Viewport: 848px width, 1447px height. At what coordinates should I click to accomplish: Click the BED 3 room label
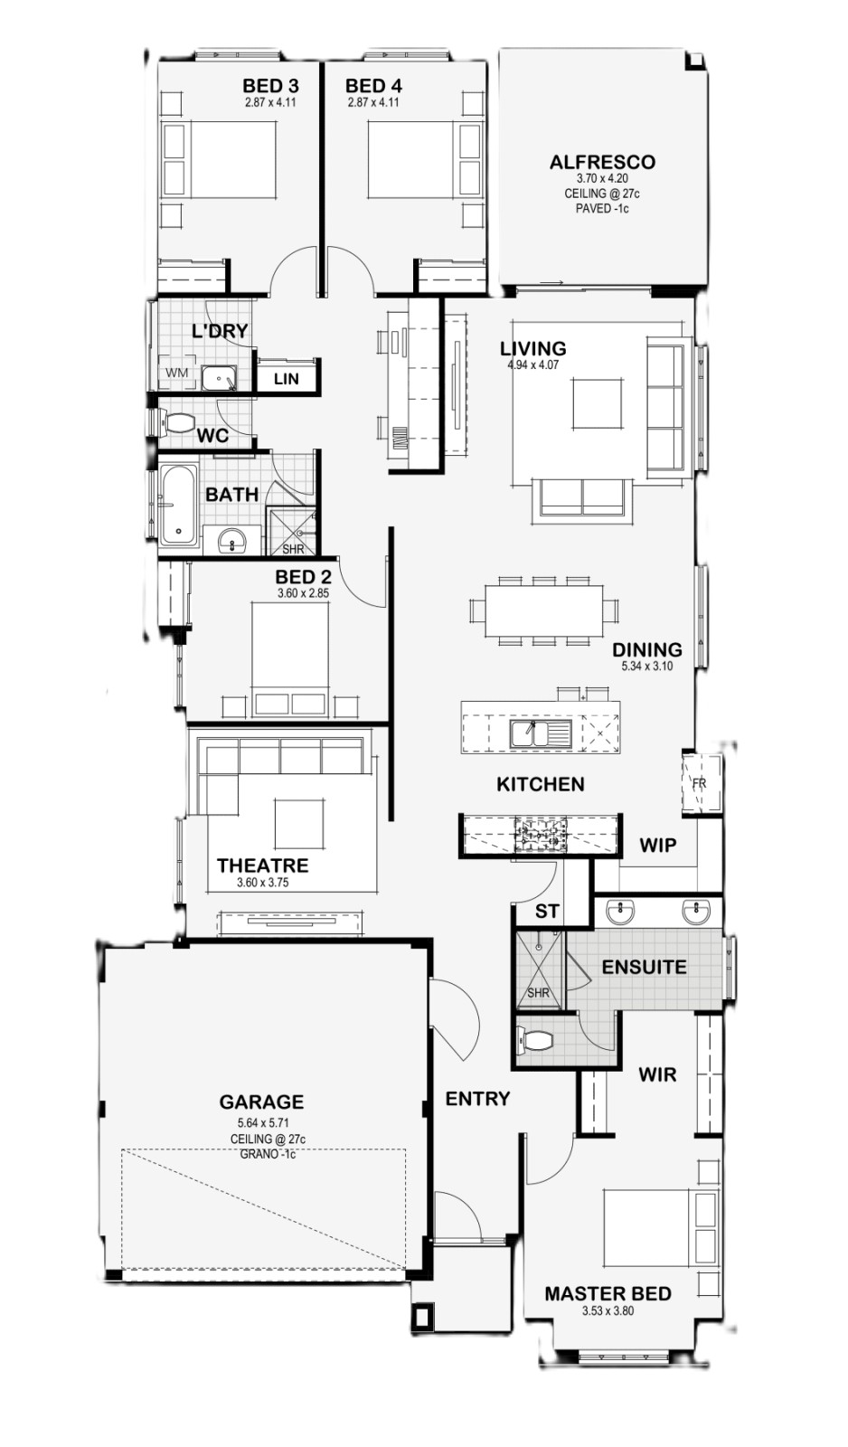270,85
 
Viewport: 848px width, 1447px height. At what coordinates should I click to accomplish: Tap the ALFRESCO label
602,162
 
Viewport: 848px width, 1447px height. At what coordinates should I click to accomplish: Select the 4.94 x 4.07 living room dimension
533,364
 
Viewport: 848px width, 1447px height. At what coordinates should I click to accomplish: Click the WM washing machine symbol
177,373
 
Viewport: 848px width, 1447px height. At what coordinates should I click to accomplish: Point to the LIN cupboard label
286,379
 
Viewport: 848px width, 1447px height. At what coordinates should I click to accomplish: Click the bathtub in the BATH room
177,504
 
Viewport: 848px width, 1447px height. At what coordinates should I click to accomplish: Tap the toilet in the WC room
176,424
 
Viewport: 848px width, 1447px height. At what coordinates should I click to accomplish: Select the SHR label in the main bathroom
293,549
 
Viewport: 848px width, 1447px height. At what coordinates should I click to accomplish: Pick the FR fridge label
700,783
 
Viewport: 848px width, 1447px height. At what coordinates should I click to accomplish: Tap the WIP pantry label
657,845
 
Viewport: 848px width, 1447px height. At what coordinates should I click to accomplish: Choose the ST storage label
546,911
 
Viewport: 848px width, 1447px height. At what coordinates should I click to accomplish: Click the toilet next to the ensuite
536,1040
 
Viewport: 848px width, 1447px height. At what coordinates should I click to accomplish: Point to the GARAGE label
261,1102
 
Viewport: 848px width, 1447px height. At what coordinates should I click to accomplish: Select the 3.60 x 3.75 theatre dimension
263,883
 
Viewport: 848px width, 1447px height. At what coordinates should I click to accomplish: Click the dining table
544,610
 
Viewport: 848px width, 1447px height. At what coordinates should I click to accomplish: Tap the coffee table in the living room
598,403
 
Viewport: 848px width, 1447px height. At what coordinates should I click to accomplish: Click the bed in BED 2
289,659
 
